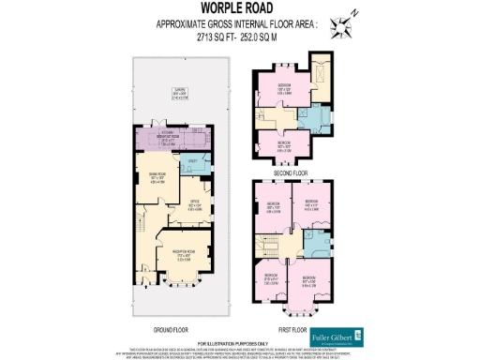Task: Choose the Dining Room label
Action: click(158, 177)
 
